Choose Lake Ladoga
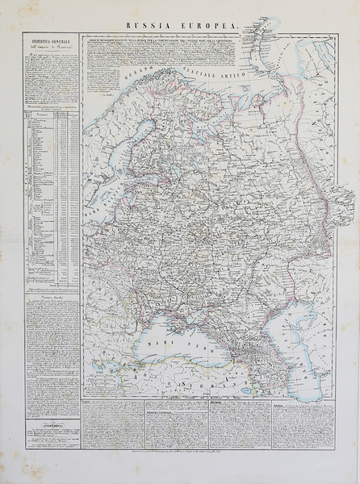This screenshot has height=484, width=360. (165, 173)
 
